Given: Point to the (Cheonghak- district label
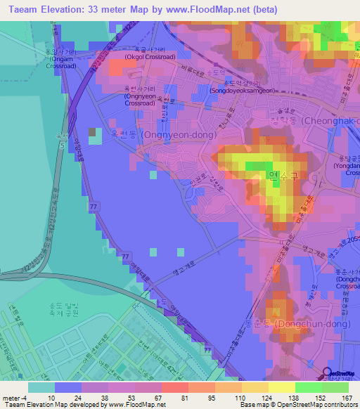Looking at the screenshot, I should tap(330, 121).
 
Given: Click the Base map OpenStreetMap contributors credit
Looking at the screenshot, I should tap(296, 405).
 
